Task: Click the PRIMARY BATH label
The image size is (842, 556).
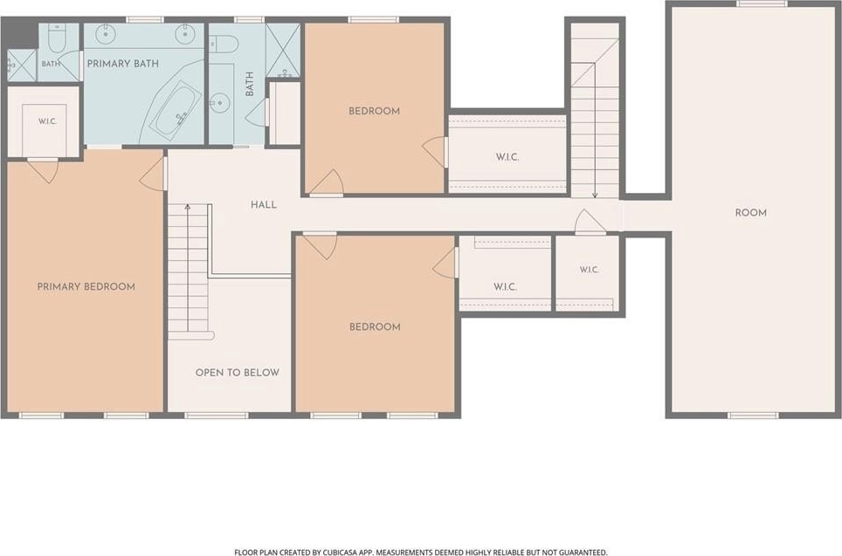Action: pos(123,64)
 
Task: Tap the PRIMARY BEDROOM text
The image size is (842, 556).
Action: pos(86,286)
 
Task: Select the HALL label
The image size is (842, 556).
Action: pos(264,204)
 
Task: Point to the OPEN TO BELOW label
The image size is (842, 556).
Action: pos(238,373)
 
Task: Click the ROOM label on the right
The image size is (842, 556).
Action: pos(750,213)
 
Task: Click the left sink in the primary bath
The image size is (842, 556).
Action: pos(106,33)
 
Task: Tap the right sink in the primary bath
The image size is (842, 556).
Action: pos(184,33)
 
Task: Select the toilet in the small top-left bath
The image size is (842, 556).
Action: pos(56,37)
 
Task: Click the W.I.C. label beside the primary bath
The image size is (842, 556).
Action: pos(47,121)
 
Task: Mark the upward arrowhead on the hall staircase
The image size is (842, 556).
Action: pos(188,207)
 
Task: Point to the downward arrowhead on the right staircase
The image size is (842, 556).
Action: pos(595,196)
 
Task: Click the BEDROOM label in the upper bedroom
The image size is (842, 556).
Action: pos(375,111)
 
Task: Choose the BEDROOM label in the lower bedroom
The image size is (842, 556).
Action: pos(375,326)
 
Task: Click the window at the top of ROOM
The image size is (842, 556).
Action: pos(762,3)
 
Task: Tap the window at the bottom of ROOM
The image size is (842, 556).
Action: pos(753,415)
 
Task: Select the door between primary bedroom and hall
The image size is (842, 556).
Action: pos(154,174)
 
